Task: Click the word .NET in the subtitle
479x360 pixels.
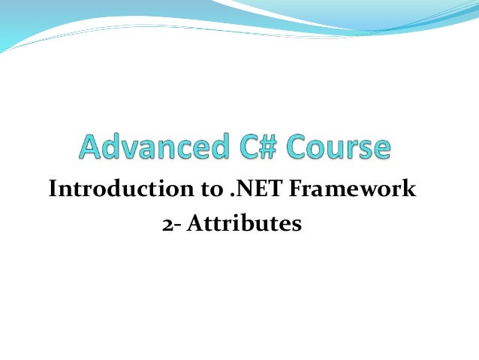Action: click(251, 189)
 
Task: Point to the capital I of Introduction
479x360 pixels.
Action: click(53, 189)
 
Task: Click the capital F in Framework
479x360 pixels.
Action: click(291, 189)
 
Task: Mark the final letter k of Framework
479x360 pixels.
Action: click(409, 189)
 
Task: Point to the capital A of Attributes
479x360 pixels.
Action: click(191, 222)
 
